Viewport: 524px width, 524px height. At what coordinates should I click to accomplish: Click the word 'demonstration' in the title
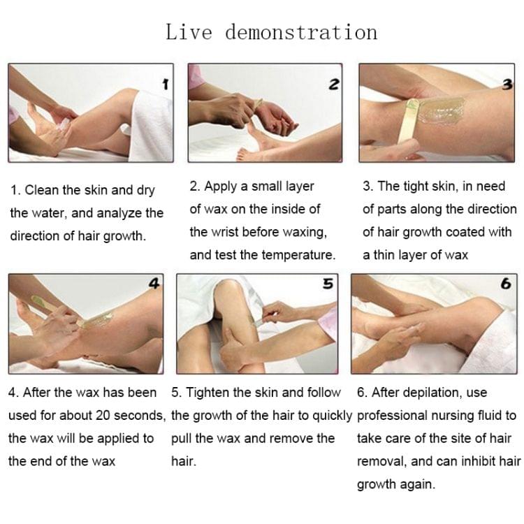302,32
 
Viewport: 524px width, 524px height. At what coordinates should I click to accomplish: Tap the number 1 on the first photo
165,85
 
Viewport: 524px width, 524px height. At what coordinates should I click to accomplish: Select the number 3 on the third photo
509,84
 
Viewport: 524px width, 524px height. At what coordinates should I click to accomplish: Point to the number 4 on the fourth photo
155,283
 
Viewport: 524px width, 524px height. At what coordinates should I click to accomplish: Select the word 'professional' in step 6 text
392,416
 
